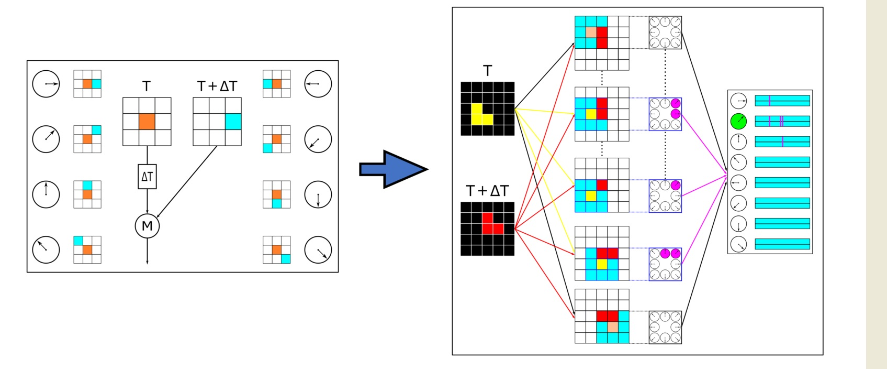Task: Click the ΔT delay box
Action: [147, 177]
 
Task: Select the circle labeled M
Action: [147, 226]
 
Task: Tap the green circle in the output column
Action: [738, 121]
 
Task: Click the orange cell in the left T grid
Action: [147, 122]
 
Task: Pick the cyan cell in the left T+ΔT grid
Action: [233, 122]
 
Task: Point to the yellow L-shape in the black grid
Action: [480, 116]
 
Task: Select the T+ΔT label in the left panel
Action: [217, 86]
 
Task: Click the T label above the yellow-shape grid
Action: [487, 71]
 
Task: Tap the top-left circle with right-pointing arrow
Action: [46, 84]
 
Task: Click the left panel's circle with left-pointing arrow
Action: [318, 84]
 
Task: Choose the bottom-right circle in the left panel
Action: [318, 249]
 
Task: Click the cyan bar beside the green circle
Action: [782, 121]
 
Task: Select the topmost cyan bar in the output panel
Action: [782, 101]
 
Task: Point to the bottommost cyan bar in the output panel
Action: [782, 244]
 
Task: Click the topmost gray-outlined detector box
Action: [665, 32]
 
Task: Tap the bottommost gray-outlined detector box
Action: [665, 327]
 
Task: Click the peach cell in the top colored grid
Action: [591, 32]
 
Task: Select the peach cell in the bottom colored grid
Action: [613, 327]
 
